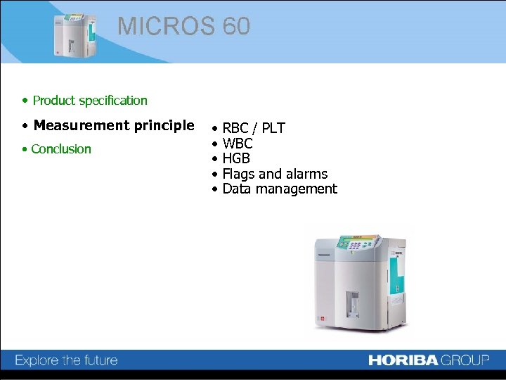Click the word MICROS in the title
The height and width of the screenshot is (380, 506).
[167, 26]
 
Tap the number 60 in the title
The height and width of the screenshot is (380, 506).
[236, 26]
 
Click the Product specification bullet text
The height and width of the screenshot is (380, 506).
[90, 101]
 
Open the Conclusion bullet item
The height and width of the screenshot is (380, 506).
[61, 149]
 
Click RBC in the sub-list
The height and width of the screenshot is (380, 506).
[235, 128]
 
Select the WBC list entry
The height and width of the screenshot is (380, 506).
[238, 144]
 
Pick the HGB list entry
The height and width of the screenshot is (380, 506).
[236, 158]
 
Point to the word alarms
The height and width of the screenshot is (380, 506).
[304, 174]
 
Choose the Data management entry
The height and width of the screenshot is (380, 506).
[280, 189]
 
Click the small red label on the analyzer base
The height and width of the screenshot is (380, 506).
[323, 319]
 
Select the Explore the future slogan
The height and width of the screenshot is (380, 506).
[66, 360]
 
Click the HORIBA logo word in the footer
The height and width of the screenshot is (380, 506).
[403, 360]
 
